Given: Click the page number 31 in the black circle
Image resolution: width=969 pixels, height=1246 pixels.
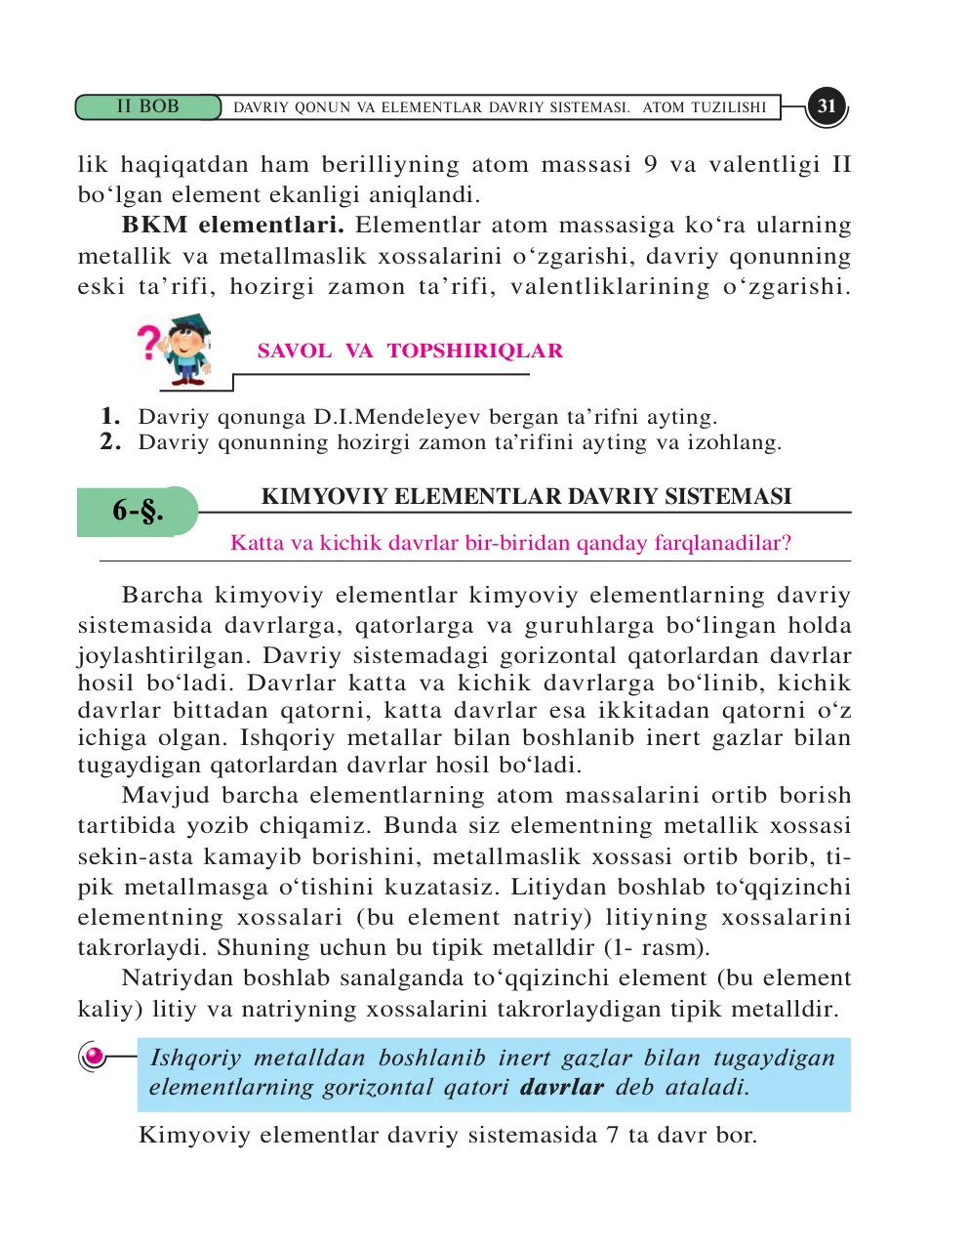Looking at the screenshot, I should coord(827,106).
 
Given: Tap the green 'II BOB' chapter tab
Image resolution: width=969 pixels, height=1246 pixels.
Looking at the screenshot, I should coord(148,106).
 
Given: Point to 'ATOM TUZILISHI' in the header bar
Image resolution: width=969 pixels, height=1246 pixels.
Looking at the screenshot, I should coord(704,107).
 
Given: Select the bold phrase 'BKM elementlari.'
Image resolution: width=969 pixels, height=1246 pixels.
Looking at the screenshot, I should coord(232,226).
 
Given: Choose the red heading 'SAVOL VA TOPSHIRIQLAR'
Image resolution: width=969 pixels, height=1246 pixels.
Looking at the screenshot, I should coord(410,351).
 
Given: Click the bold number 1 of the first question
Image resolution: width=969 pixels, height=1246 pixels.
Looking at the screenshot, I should coord(109,416).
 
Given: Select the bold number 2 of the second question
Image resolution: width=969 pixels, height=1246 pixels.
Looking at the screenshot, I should coord(109,441).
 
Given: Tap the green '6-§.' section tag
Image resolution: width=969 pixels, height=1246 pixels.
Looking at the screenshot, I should coord(138,511).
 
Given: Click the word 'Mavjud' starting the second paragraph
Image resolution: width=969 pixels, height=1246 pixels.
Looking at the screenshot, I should coord(166,796).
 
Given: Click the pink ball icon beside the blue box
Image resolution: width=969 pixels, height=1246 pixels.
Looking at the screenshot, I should coord(94,1057).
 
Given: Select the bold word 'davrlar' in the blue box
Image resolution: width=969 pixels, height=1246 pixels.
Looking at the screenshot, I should coord(561,1087).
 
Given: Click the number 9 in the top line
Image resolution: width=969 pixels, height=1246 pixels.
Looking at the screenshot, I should coord(650,164).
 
